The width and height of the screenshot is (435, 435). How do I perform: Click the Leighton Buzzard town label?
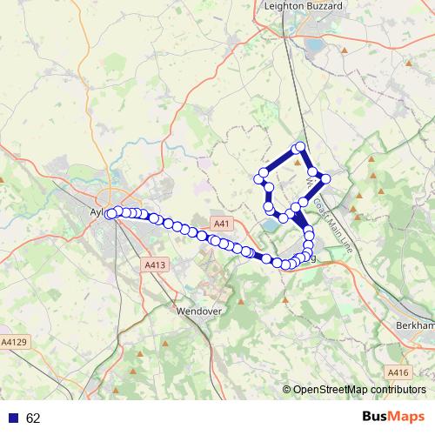pos(303,6)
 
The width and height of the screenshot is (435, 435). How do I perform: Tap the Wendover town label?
pos(201,310)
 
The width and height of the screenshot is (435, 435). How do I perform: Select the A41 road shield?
pos(222,224)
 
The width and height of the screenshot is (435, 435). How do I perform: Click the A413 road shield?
pos(155,264)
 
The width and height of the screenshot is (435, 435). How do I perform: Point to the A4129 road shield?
pos(16,342)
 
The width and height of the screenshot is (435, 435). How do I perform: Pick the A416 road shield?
pos(398,373)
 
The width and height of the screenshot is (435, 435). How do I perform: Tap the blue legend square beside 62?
pos(11,418)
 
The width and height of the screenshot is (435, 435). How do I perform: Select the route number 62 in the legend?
pos(33,418)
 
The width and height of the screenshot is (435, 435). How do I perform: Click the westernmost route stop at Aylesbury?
pos(110,214)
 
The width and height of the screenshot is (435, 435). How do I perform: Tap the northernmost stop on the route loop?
pos(300,147)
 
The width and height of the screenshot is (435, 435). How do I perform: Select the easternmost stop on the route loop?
pos(325,178)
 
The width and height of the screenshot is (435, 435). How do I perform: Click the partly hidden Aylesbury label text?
pos(97,211)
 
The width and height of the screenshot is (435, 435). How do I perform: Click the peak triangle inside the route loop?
pos(298,162)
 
